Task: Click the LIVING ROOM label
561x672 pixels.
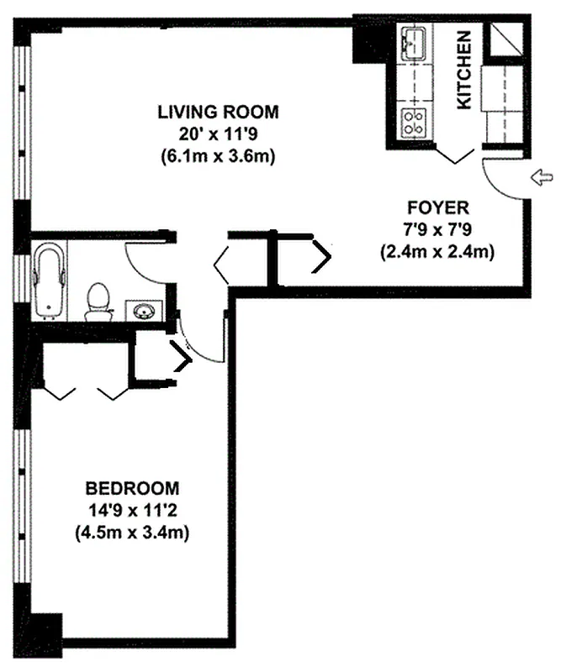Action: click(x=218, y=112)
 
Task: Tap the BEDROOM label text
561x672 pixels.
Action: click(x=132, y=488)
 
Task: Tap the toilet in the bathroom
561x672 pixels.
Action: click(x=98, y=300)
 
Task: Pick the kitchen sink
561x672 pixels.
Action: click(x=415, y=41)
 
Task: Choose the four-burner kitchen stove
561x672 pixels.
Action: click(x=414, y=123)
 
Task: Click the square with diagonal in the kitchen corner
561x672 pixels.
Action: click(x=504, y=39)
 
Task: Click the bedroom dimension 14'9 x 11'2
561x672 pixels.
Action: click(x=132, y=510)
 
